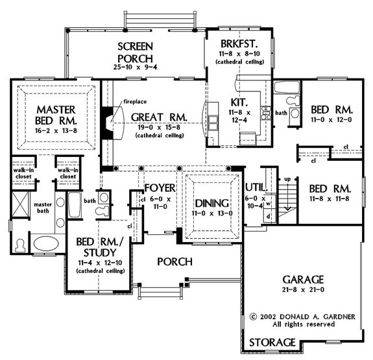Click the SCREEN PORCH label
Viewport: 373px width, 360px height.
[134, 53]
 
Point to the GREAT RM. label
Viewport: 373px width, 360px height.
[159, 117]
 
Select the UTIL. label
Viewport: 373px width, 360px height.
[255, 188]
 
